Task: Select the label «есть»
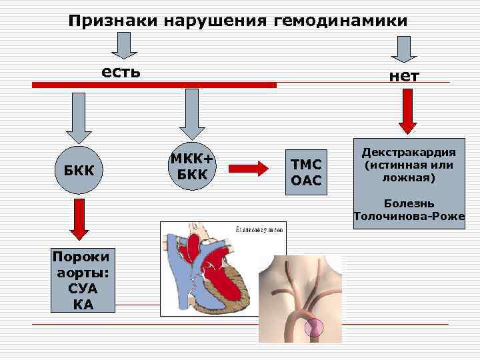(121, 71)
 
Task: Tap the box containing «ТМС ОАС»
(306, 171)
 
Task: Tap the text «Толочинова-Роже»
(409, 216)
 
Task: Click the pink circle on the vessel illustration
(313, 327)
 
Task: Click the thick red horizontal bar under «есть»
(153, 85)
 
